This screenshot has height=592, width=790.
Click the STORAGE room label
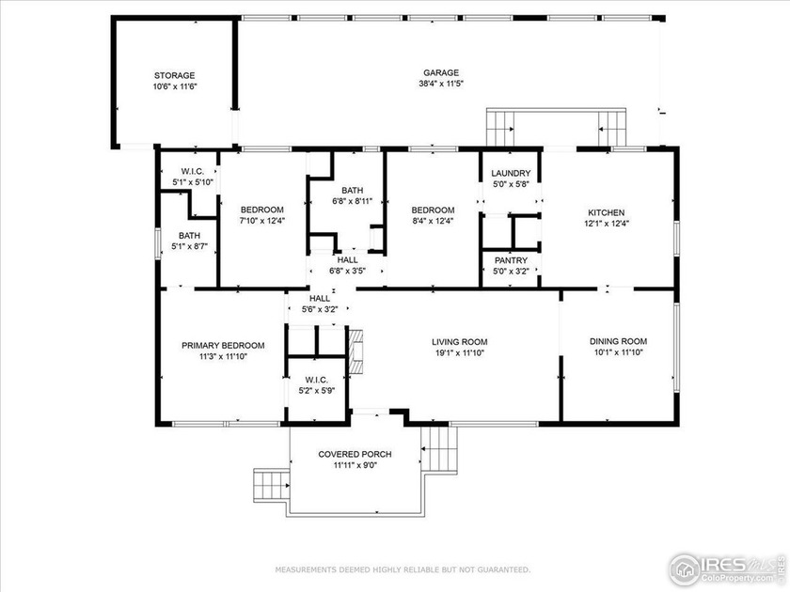(174, 75)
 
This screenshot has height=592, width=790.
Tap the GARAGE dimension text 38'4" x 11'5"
(440, 84)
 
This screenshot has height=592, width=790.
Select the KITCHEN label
(607, 212)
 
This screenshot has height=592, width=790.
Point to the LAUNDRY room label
(512, 173)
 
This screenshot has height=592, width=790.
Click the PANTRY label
(511, 260)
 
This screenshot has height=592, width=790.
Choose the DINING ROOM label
(617, 342)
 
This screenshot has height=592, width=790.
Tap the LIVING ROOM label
(459, 342)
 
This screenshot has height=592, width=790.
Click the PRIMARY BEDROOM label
(223, 345)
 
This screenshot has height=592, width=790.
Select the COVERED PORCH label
(355, 454)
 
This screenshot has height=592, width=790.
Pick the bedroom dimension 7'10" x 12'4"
(261, 221)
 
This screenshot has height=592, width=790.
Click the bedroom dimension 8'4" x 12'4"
(433, 221)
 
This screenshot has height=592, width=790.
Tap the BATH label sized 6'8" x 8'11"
(353, 189)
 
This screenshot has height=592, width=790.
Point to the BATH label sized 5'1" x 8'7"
(189, 236)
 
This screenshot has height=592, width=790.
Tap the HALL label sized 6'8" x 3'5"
(347, 259)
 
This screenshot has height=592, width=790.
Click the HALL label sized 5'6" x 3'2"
(313, 298)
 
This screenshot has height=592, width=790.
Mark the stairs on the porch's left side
(269, 486)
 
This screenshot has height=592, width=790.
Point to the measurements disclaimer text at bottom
(402, 569)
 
